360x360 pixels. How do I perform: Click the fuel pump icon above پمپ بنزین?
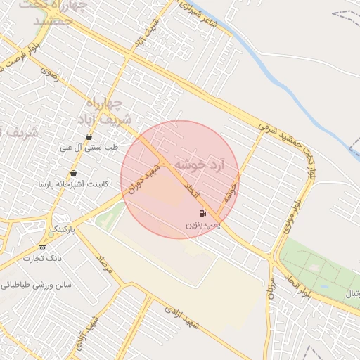202,213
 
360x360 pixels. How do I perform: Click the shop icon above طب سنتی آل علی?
89,137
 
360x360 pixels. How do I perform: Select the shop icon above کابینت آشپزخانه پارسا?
74,174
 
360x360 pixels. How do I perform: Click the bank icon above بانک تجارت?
43,247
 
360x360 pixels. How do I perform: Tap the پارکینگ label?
62,230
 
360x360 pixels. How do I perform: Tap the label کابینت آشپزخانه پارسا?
66,184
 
